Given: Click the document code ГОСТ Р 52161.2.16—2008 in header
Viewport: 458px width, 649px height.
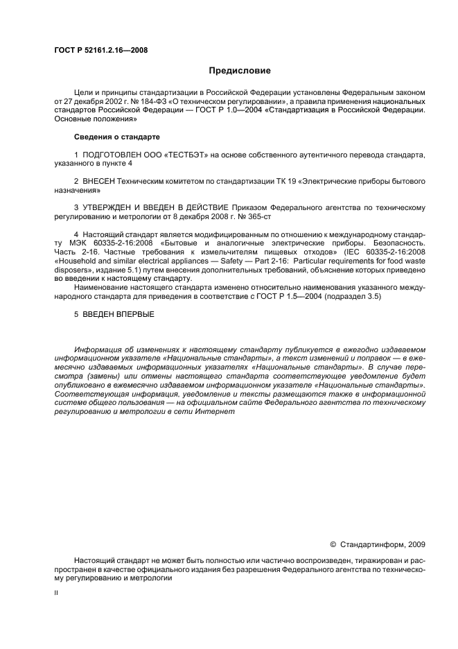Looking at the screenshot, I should [x=100, y=50].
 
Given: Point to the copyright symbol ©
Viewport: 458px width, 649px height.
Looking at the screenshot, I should [x=333, y=544].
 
